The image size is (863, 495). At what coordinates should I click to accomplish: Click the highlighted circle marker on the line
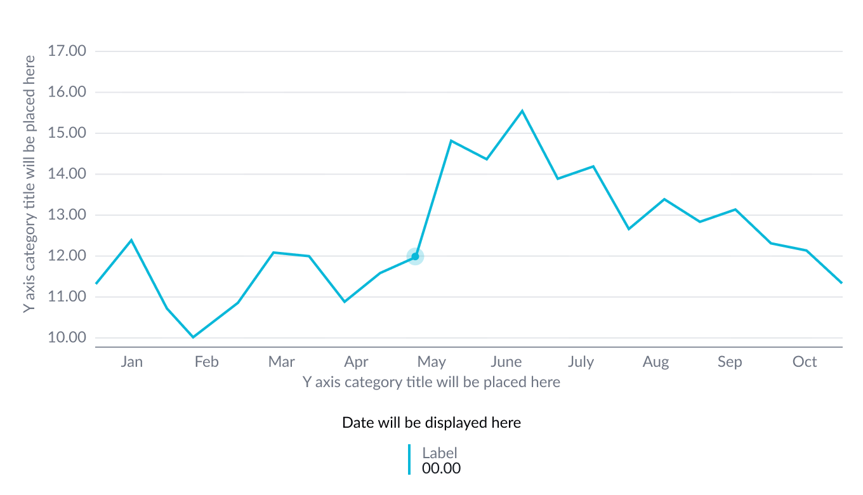coord(415,256)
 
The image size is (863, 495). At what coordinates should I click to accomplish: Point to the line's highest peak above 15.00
coord(522,110)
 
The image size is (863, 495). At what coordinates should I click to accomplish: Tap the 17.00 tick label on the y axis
coord(67,51)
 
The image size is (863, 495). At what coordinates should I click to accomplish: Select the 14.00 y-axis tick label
coord(67,174)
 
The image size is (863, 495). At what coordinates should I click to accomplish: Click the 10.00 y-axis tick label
coord(67,338)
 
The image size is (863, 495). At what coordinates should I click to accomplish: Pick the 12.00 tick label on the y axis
coord(67,256)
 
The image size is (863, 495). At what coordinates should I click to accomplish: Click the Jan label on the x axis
coord(131,362)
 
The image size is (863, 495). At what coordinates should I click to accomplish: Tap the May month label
coord(431,362)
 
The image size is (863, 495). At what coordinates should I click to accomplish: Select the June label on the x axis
coord(506,362)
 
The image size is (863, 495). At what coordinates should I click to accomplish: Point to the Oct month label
coord(805,362)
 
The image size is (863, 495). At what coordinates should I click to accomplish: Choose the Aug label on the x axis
coord(655,362)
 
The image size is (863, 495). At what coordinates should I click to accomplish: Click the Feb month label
coord(206,362)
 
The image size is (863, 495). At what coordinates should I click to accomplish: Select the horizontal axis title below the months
coord(431,382)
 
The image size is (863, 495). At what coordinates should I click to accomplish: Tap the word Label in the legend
coord(440,453)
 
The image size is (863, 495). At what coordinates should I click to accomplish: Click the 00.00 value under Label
coord(441,469)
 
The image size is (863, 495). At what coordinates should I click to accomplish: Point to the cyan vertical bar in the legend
coord(409,459)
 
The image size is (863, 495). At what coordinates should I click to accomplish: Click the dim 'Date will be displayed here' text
coord(431,423)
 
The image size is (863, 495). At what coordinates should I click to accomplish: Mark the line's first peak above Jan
coord(131,240)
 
